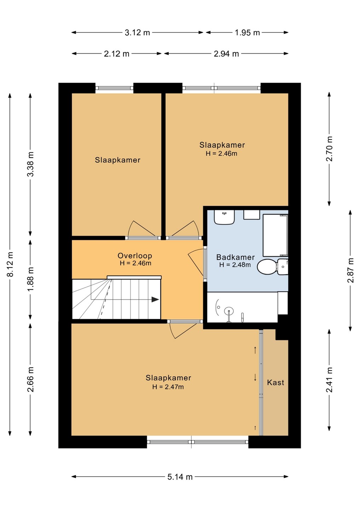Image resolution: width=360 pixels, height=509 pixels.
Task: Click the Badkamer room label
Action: [x=235, y=257]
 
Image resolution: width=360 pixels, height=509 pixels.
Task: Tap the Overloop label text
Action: [x=135, y=256]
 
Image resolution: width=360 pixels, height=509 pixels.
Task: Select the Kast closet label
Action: [x=275, y=382]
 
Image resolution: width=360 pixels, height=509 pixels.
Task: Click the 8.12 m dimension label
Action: [x=10, y=264]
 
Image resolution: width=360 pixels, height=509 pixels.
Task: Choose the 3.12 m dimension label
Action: [x=137, y=33]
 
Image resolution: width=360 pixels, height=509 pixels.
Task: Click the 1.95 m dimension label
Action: [x=247, y=33]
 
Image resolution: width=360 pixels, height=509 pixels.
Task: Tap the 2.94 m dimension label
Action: [x=226, y=54]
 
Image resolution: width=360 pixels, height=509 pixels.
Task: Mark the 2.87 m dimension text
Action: [x=350, y=270]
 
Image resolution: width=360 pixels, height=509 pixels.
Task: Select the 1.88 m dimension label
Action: [x=30, y=279]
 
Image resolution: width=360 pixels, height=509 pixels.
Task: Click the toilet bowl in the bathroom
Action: [x=267, y=267]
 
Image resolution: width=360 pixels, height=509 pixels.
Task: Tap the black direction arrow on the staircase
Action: [x=156, y=299]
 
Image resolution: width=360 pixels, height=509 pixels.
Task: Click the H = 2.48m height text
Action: [x=235, y=265]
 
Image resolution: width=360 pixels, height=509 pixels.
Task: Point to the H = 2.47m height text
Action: [x=168, y=387]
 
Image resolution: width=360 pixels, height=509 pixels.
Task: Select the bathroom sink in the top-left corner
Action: [x=224, y=217]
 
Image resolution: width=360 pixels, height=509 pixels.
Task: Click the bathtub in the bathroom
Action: [x=275, y=235]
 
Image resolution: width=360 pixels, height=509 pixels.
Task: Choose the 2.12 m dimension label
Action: [x=117, y=54]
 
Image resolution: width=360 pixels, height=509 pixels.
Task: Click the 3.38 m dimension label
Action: [x=30, y=164]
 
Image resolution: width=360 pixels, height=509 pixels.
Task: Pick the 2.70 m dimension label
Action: [x=329, y=149]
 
